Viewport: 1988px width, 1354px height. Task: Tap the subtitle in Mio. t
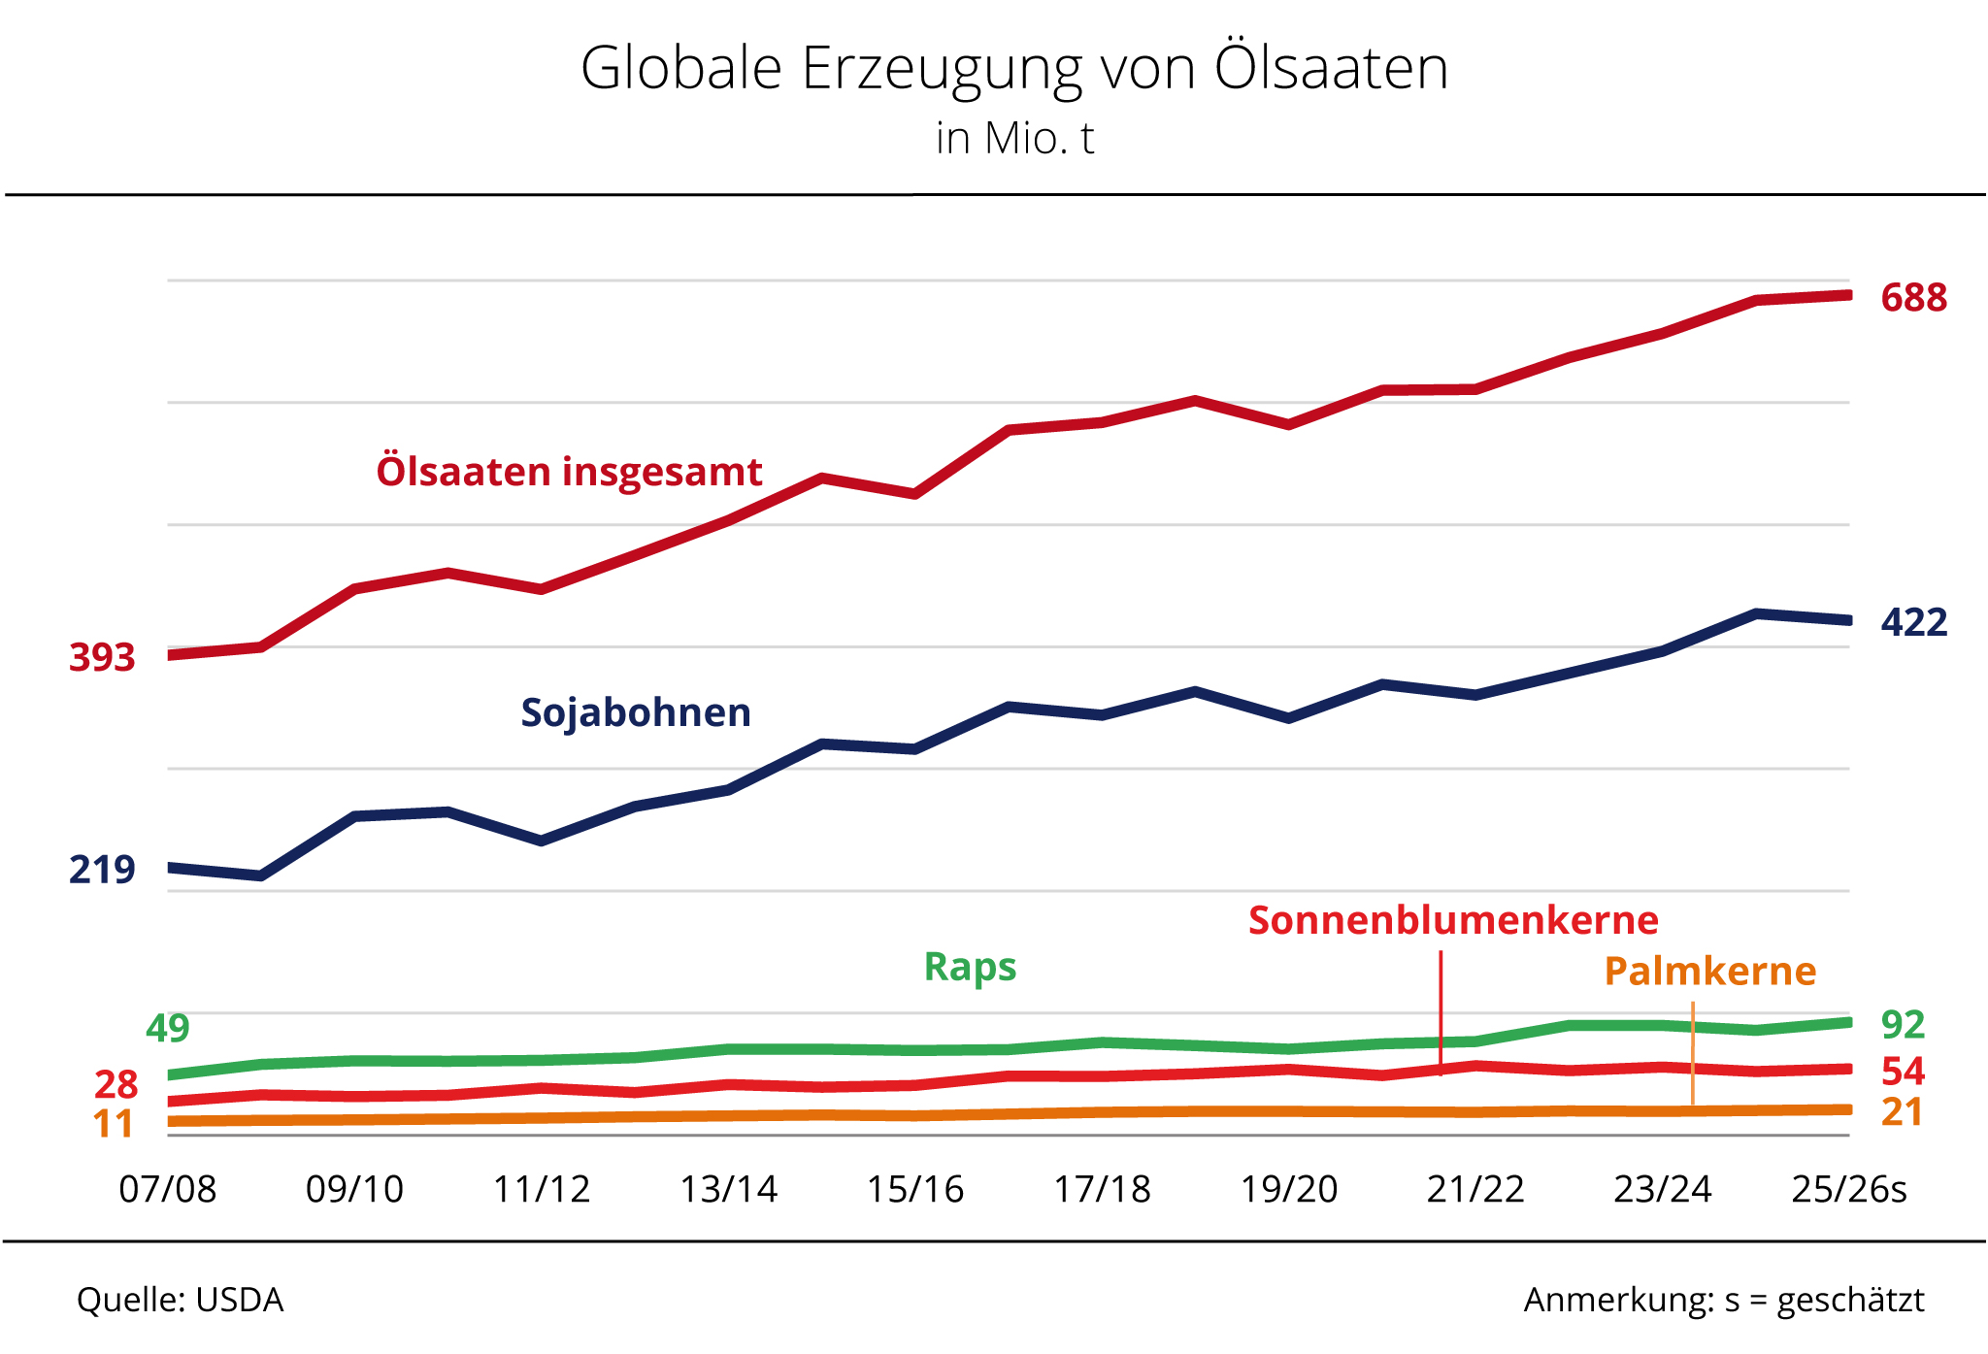[x=1014, y=138]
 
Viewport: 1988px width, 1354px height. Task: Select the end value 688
[x=1913, y=298]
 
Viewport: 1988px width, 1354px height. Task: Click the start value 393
[x=102, y=658]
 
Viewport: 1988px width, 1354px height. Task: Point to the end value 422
[x=1913, y=622]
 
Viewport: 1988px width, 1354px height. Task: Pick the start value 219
[x=102, y=870]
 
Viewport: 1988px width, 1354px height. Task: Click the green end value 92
[x=1903, y=1025]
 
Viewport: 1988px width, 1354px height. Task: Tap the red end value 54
[x=1903, y=1072]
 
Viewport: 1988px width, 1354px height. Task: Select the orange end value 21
[x=1903, y=1112]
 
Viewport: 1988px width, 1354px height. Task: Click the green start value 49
[x=168, y=1028]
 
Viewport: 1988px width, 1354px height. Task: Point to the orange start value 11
[x=113, y=1124]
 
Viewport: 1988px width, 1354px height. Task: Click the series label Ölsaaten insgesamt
[x=569, y=472]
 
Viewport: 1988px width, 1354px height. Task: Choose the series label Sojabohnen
[x=636, y=712]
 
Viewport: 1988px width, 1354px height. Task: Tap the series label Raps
[x=970, y=967]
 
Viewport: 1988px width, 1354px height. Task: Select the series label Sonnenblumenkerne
[x=1453, y=920]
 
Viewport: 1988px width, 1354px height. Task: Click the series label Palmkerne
[x=1709, y=971]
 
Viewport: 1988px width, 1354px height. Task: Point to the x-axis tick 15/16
[x=915, y=1189]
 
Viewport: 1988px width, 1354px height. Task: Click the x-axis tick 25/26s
[x=1848, y=1189]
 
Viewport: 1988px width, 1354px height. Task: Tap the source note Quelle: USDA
[x=181, y=1300]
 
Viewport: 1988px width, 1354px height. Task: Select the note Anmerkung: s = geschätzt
[x=1724, y=1300]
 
